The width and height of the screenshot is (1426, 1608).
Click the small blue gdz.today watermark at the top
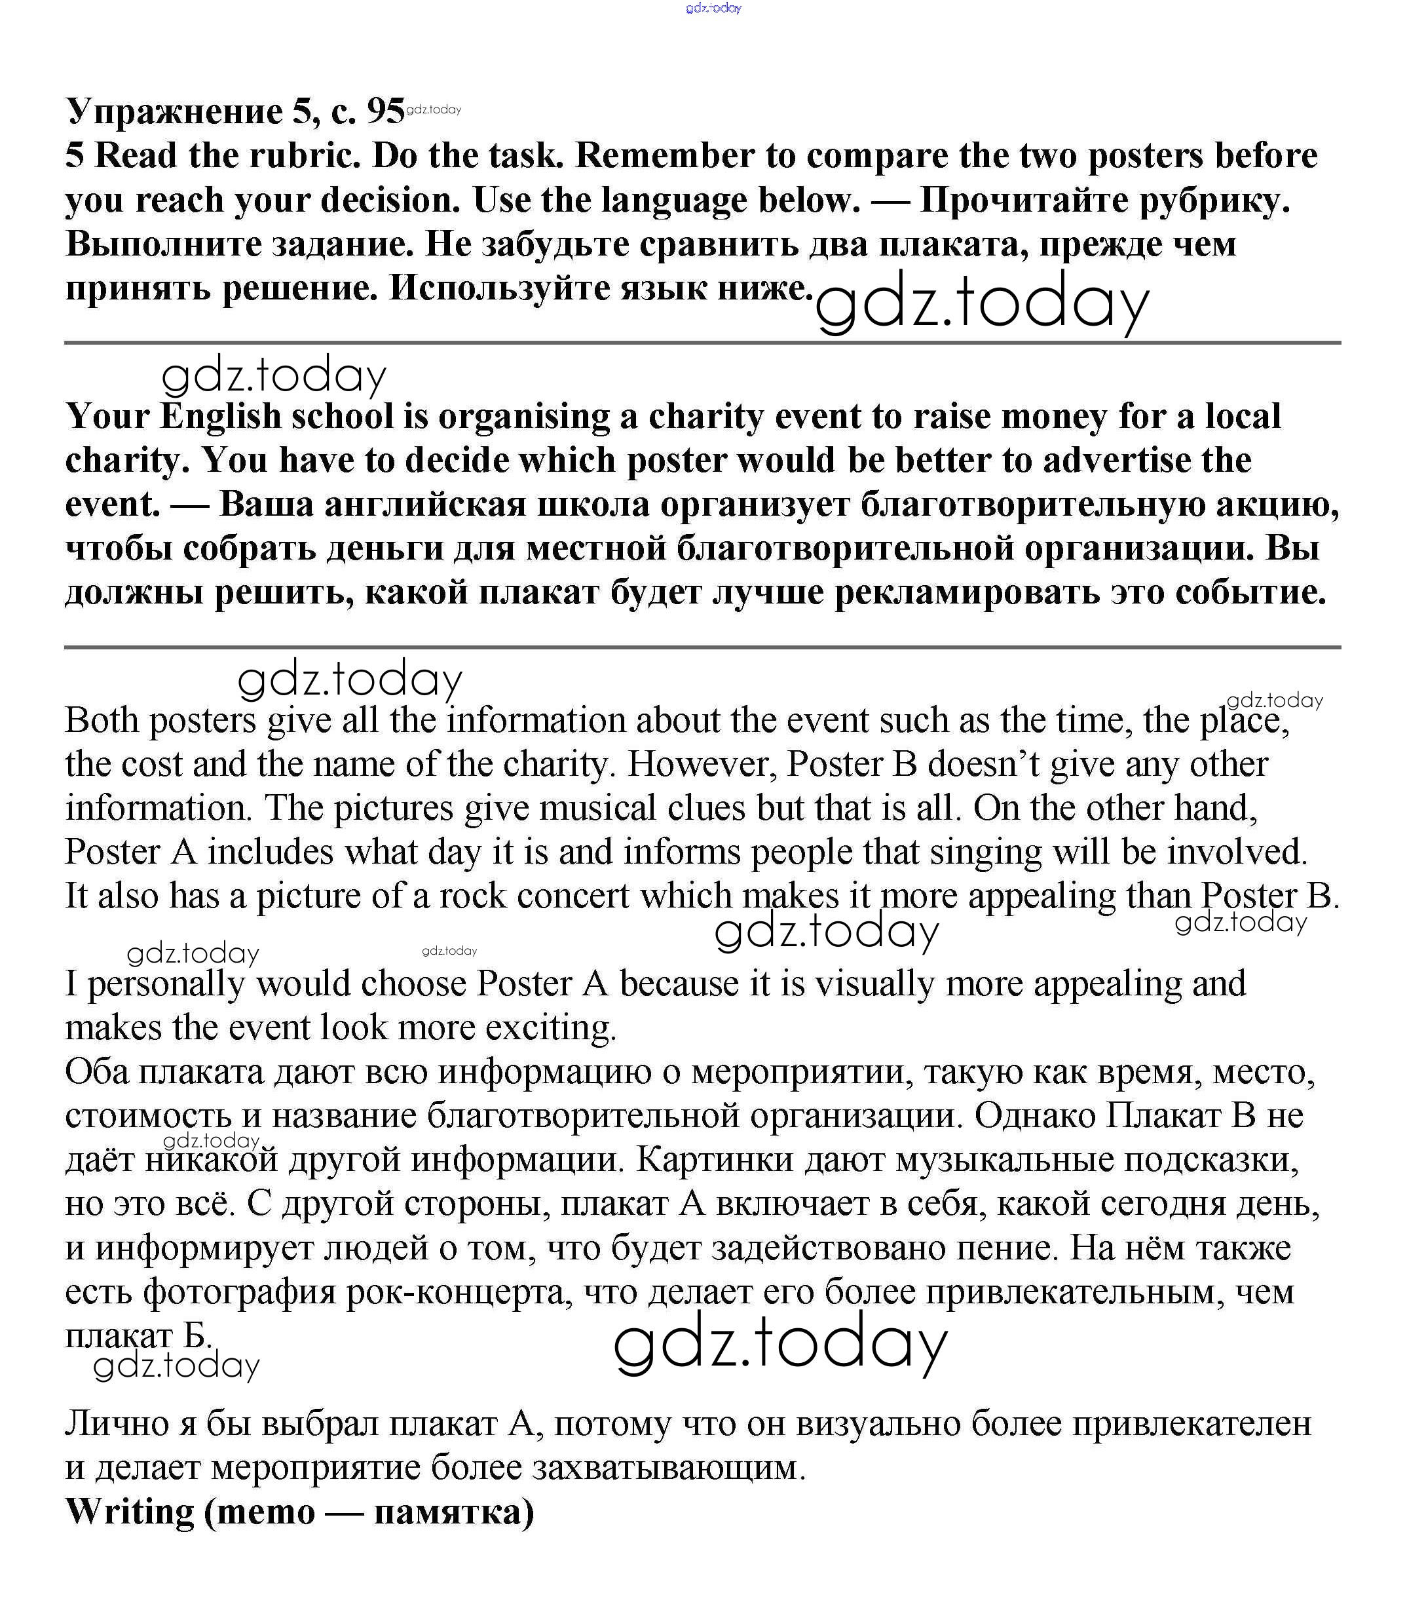pos(713,8)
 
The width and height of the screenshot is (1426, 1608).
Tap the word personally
pos(166,984)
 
